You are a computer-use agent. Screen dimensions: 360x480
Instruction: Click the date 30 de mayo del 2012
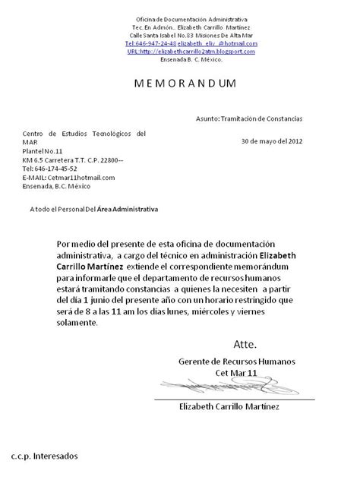[271, 141]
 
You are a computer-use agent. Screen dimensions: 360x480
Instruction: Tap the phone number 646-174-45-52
[55, 169]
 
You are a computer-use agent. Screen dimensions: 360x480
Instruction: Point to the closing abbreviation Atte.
[245, 343]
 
